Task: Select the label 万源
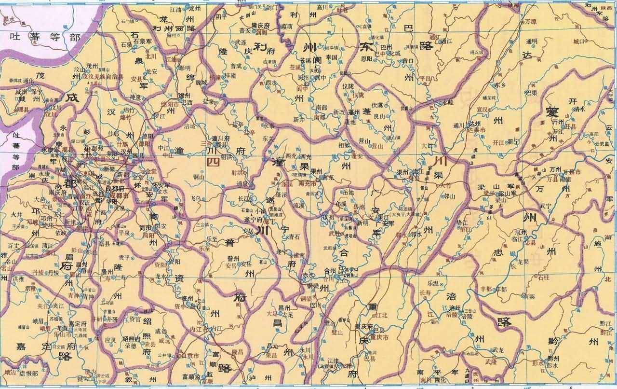[531, 22]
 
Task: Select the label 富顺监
[188, 376]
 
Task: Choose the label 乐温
[426, 285]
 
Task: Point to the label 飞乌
[195, 198]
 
